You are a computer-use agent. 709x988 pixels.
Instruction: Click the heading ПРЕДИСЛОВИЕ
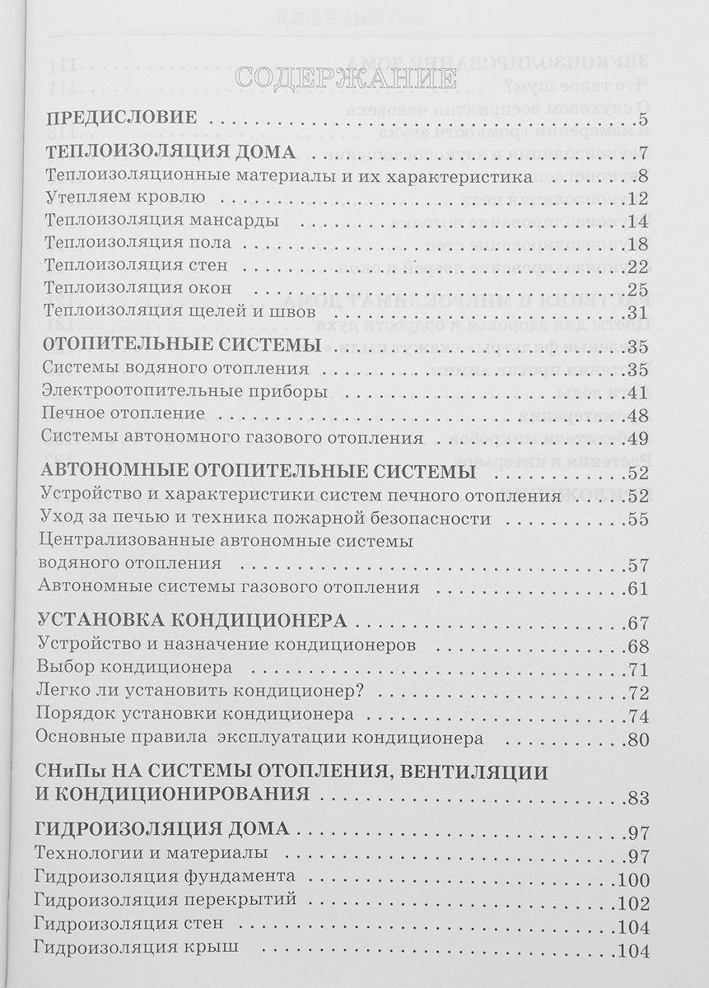click(x=120, y=117)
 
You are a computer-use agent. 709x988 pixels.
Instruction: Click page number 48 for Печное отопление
click(x=639, y=416)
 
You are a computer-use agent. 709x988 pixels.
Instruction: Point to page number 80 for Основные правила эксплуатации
click(x=639, y=739)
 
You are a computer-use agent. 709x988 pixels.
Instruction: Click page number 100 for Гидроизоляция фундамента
click(x=635, y=879)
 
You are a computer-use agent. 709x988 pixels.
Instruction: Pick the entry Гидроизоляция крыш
click(x=138, y=947)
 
